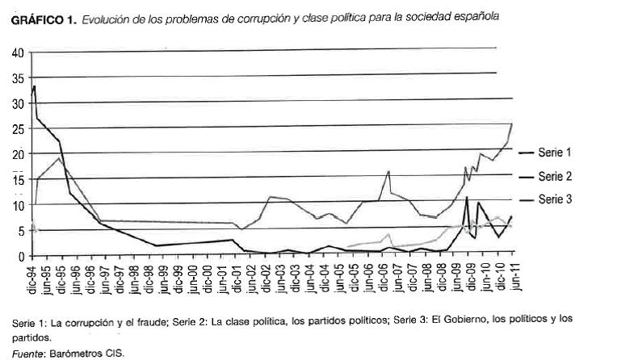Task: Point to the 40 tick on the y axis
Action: (19, 53)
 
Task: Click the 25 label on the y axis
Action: (19, 129)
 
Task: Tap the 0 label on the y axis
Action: (22, 256)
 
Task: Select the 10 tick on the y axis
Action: (19, 205)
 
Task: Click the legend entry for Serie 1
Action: (554, 152)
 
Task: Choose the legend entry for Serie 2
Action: (554, 176)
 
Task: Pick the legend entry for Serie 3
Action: (554, 200)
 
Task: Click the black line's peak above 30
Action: (35, 86)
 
